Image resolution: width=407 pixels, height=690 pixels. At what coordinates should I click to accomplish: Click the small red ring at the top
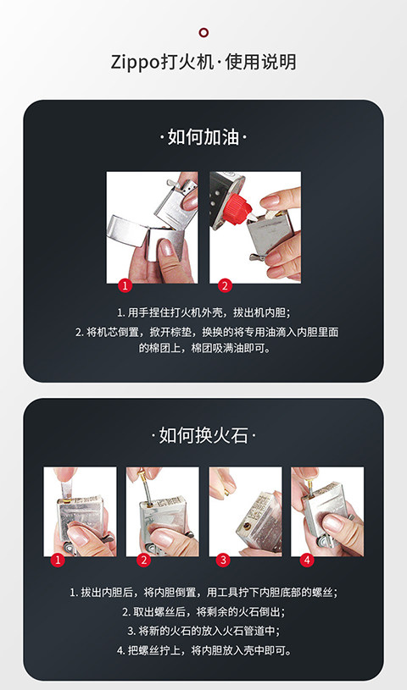203,32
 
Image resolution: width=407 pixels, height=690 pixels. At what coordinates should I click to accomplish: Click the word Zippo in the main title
135,62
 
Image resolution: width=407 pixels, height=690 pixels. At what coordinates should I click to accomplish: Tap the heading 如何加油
203,137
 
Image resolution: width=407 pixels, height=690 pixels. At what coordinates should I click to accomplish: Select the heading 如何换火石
203,436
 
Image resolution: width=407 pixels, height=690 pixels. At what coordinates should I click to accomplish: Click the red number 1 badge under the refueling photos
125,285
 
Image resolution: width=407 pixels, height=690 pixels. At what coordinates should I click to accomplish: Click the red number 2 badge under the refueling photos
225,285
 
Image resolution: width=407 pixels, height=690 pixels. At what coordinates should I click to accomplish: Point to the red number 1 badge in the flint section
58,560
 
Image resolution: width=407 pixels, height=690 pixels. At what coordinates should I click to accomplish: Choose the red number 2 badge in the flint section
144,560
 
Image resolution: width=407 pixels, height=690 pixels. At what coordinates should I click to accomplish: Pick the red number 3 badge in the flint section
224,560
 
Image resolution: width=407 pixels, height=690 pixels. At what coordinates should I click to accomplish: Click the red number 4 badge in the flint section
307,560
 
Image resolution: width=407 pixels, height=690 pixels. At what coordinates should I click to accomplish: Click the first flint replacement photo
80,511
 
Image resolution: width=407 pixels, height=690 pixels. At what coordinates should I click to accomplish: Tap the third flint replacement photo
245,511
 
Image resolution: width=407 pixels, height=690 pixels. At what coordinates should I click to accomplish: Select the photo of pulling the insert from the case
152,228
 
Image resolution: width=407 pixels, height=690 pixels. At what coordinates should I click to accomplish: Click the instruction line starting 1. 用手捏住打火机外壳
204,312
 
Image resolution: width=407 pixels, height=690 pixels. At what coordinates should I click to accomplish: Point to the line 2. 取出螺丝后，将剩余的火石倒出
203,611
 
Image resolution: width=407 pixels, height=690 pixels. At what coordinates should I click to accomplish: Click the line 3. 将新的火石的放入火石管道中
203,631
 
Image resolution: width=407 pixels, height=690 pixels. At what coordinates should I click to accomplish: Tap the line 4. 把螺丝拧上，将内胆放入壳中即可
204,650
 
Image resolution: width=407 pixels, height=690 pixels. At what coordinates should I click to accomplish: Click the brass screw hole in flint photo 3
243,525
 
